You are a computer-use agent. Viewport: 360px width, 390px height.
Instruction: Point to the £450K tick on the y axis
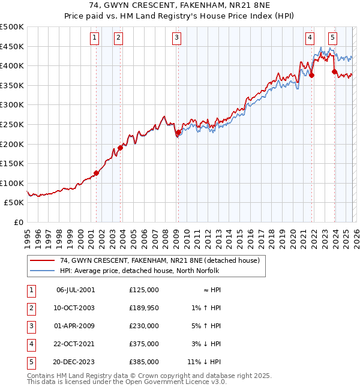pos(12,46)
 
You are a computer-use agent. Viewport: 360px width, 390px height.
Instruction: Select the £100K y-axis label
pos(12,183)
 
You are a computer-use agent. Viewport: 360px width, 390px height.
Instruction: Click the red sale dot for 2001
pos(96,173)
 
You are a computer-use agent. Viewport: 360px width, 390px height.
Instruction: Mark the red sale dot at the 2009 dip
pos(178,132)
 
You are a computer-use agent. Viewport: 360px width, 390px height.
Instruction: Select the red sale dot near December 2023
pos(334,71)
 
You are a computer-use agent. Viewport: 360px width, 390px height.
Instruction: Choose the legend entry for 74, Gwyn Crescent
pos(159,260)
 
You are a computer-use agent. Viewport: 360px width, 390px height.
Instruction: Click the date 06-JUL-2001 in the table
pos(75,290)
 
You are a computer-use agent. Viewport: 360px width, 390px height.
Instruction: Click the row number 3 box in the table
pos(31,326)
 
